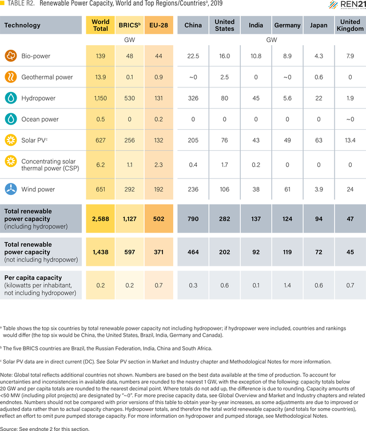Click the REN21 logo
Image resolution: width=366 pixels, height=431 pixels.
click(x=347, y=5)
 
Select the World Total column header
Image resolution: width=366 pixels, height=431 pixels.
click(x=101, y=25)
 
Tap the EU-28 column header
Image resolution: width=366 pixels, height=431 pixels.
click(x=158, y=25)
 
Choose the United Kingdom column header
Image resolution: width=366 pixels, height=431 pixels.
click(x=350, y=25)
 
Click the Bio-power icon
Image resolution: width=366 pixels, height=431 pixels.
click(x=11, y=56)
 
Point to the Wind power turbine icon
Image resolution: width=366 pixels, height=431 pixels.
click(x=11, y=189)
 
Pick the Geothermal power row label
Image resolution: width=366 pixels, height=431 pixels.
click(x=47, y=77)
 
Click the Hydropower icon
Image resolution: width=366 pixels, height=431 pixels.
click(x=11, y=98)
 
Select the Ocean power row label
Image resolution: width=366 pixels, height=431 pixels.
click(x=40, y=119)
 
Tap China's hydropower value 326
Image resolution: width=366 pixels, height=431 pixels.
click(x=193, y=98)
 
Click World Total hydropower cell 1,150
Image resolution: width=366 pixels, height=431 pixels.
click(x=101, y=98)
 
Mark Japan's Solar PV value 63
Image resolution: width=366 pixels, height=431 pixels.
click(x=319, y=140)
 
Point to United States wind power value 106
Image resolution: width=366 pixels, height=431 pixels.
click(x=224, y=189)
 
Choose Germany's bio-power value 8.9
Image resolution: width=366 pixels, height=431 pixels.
click(x=287, y=56)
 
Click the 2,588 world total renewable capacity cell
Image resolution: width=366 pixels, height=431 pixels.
click(x=101, y=219)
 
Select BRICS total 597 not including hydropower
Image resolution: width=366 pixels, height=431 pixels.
click(x=129, y=252)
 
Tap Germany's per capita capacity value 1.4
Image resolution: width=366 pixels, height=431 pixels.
click(x=287, y=285)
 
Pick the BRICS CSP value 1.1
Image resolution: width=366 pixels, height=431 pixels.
click(x=129, y=165)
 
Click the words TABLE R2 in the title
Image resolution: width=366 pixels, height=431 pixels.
click(x=21, y=3)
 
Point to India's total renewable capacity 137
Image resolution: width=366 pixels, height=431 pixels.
click(x=256, y=219)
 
